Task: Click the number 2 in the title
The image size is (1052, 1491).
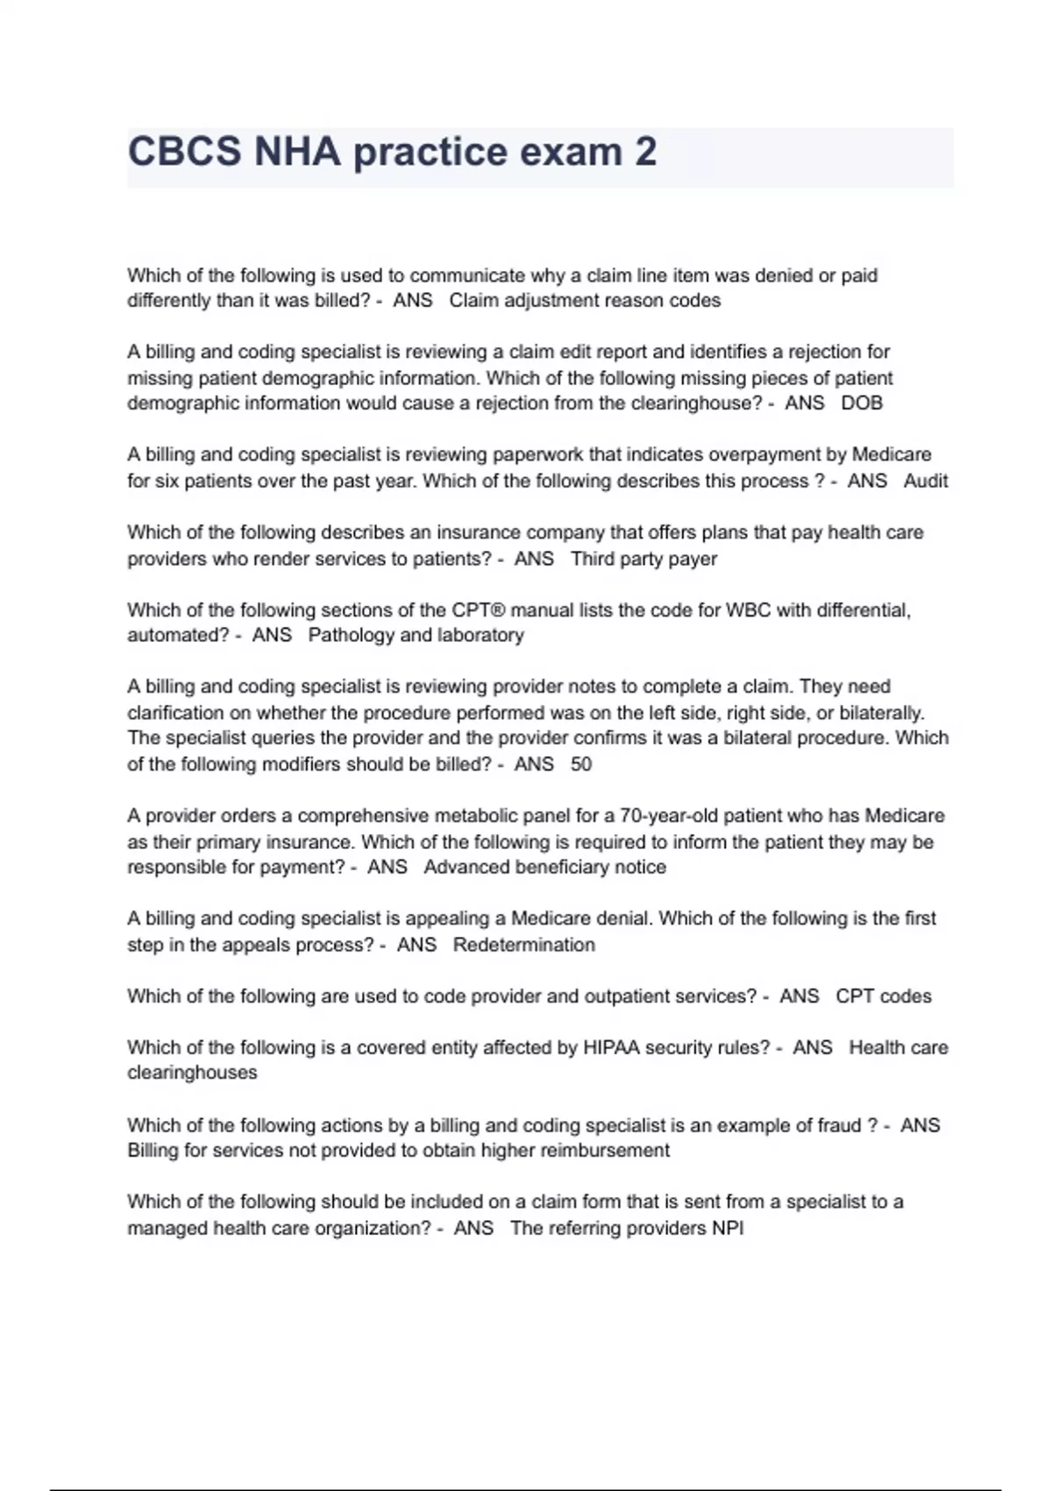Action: coord(644,153)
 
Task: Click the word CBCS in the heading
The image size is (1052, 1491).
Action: coord(184,153)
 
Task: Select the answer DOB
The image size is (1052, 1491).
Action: coord(862,403)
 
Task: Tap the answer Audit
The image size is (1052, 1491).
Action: coord(926,481)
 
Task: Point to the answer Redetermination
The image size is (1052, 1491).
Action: coord(524,945)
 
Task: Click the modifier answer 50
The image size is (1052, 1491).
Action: coord(581,764)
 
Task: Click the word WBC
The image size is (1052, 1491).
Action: coord(748,610)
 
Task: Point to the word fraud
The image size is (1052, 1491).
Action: coord(833,1125)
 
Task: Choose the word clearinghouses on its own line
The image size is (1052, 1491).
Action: coord(192,1073)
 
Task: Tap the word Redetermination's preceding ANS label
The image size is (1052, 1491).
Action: coord(416,945)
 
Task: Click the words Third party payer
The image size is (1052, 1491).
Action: coord(643,559)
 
